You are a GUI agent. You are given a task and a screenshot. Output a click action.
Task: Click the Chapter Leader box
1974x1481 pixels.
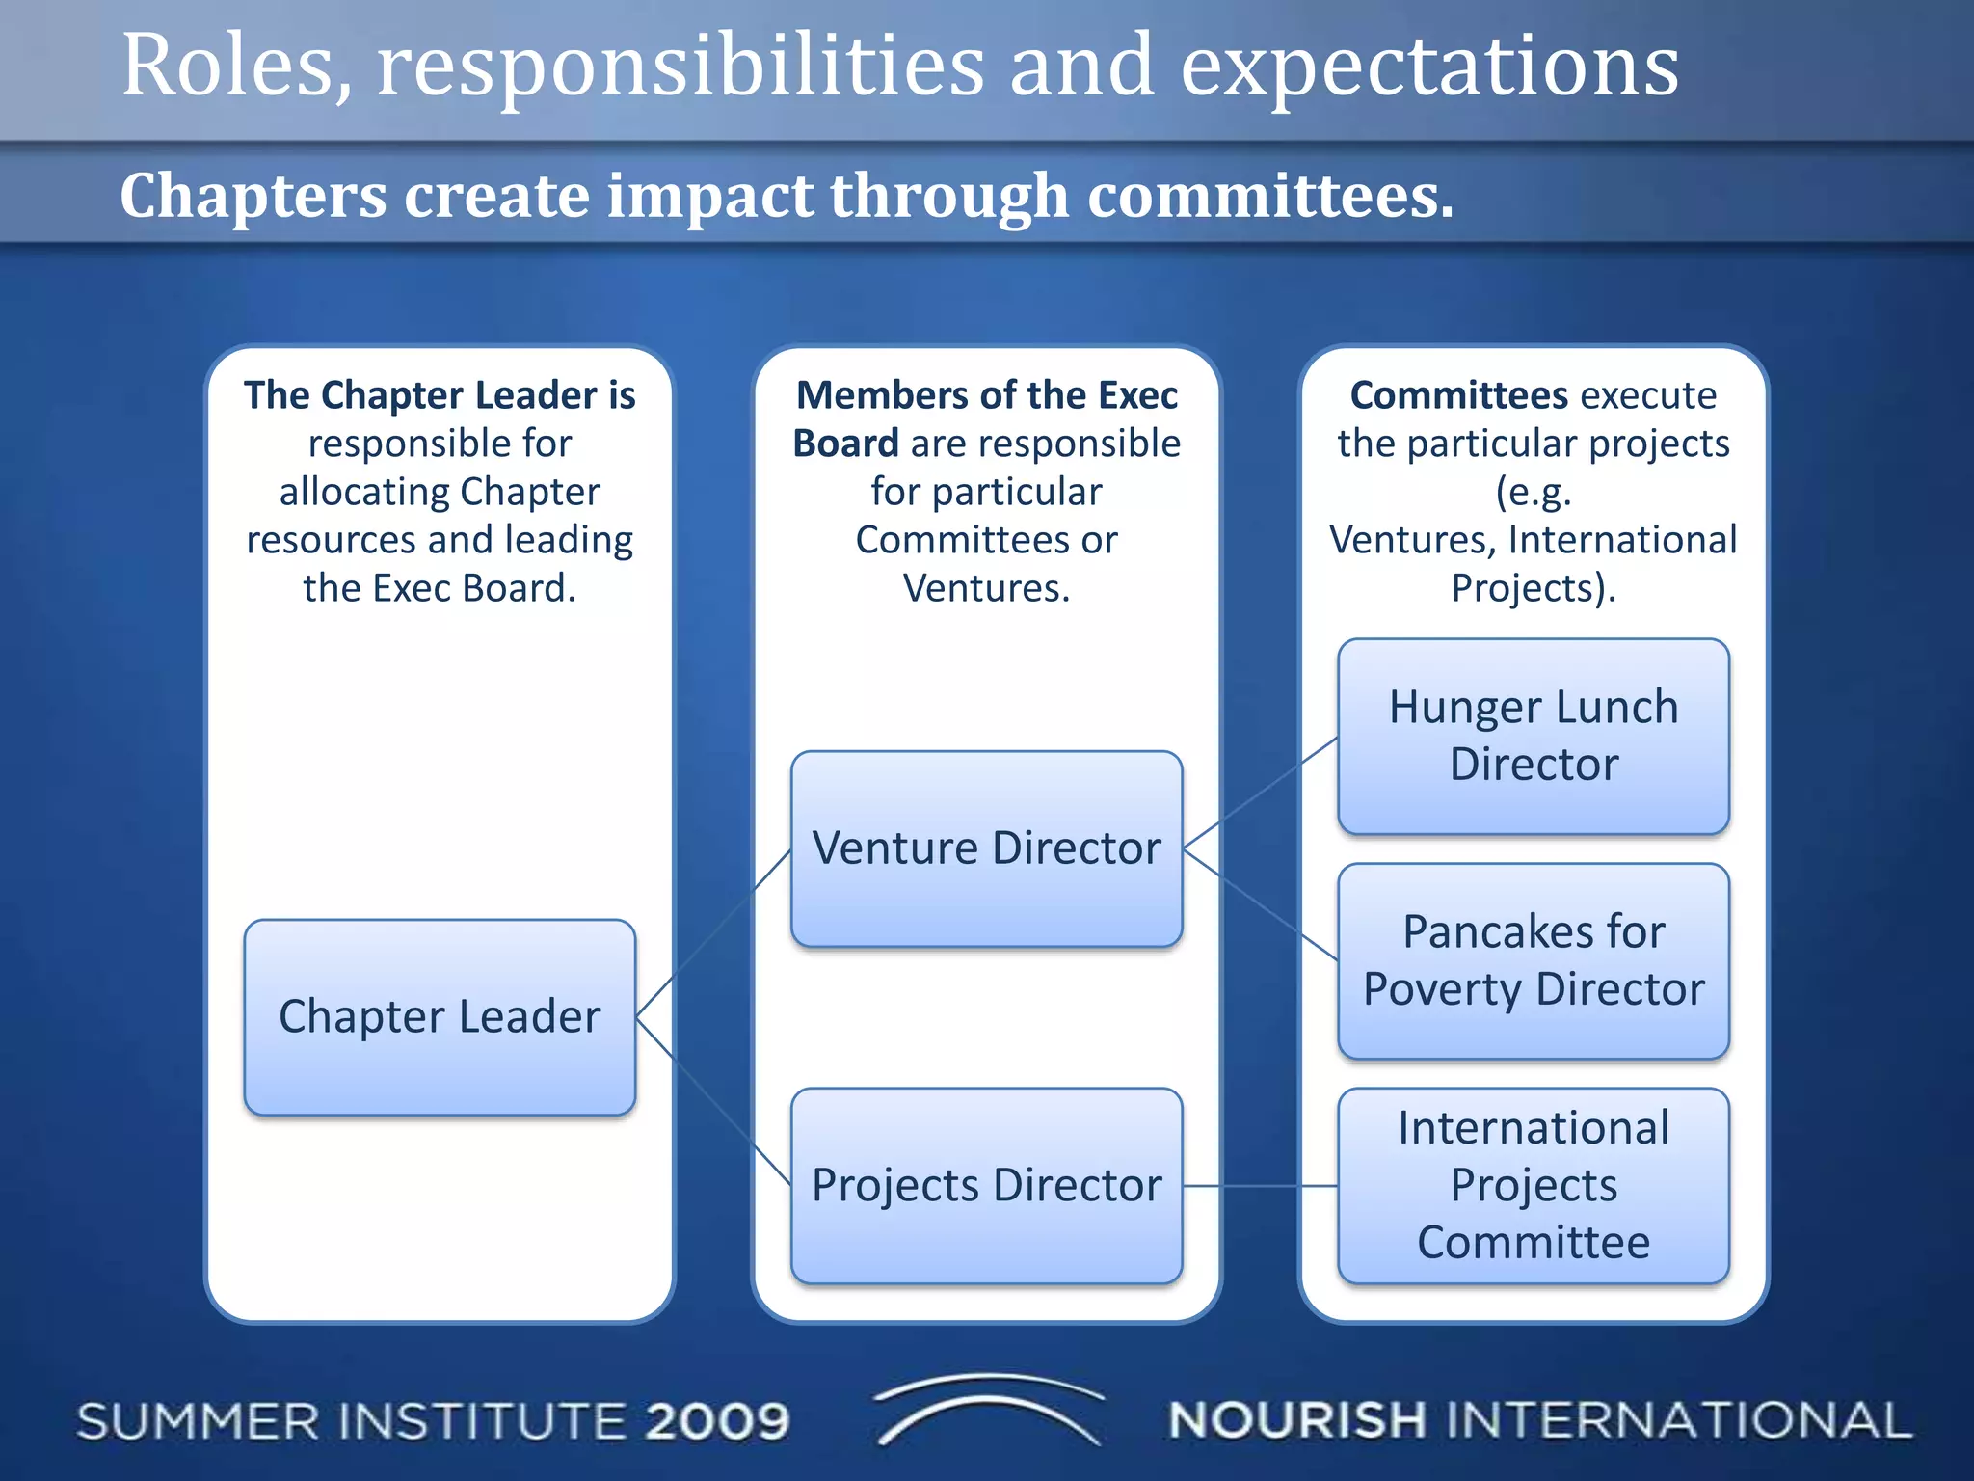(440, 1017)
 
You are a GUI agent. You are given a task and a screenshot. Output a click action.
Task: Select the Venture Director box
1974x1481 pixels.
(986, 848)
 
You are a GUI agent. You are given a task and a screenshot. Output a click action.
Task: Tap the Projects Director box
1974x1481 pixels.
(986, 1185)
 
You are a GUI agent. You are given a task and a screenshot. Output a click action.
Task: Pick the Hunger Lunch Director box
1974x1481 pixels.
(1533, 736)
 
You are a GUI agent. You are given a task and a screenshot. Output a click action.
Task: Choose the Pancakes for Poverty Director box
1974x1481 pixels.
(1533, 960)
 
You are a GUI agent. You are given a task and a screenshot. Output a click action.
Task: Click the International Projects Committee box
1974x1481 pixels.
(1533, 1185)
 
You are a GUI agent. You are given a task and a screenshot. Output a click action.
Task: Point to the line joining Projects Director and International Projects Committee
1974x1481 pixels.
(1260, 1186)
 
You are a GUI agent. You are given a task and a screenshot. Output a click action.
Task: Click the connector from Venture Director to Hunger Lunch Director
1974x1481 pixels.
(1260, 794)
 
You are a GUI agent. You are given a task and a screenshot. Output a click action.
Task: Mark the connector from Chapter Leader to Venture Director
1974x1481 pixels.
(713, 933)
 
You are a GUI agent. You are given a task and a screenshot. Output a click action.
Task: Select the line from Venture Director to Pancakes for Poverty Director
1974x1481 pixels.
(1260, 904)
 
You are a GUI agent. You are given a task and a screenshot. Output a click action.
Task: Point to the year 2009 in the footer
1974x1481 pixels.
(718, 1421)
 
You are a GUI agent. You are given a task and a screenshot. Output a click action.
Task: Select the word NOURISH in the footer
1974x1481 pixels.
(1296, 1420)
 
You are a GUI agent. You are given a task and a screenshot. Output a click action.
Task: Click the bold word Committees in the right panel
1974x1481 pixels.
(1459, 395)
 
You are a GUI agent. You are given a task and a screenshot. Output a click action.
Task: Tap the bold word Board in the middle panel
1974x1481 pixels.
(845, 444)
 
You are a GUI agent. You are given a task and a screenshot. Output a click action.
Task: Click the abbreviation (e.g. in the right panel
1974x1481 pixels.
(1533, 492)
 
